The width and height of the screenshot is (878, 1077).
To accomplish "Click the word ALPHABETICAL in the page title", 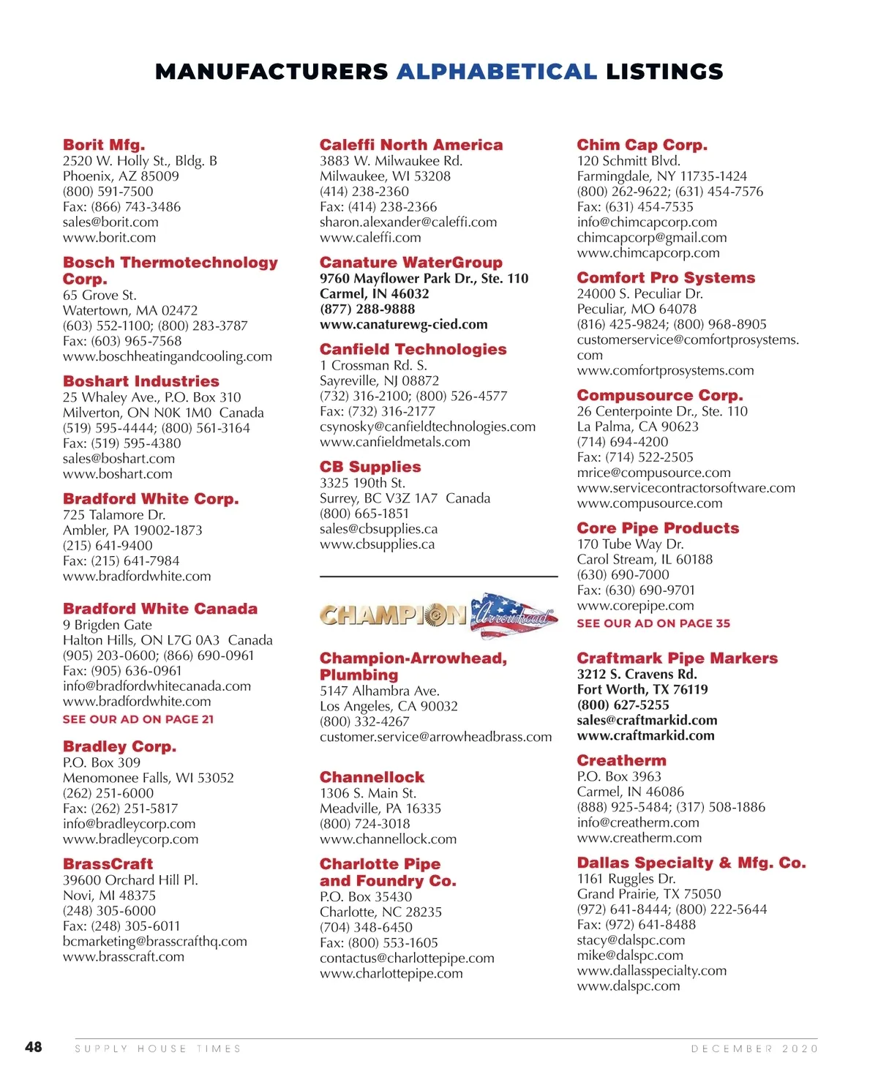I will click(x=497, y=72).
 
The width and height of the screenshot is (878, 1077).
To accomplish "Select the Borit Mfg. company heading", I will click(x=104, y=145).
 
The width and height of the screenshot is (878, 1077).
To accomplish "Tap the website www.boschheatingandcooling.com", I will click(x=167, y=356).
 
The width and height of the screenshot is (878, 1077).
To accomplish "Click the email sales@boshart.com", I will click(x=119, y=459).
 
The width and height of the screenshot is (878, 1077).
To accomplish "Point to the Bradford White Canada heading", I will click(x=160, y=609).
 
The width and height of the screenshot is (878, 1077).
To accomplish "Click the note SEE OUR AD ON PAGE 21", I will click(x=138, y=719).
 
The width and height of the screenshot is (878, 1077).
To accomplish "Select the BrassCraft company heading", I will click(x=108, y=863).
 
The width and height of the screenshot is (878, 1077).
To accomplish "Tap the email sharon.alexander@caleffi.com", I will click(x=408, y=222).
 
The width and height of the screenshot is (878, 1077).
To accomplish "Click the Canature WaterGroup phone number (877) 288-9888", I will click(x=367, y=309).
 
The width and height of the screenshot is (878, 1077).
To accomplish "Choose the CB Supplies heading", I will click(x=370, y=467).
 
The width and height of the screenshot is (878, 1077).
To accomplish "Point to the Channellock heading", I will click(x=372, y=777).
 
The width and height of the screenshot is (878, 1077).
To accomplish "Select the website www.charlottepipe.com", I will click(x=391, y=973).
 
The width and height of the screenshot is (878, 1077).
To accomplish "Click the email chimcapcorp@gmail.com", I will click(x=652, y=237).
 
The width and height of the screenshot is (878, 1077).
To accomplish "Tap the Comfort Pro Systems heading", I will click(x=666, y=277).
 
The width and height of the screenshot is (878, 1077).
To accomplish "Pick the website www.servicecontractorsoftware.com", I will click(x=686, y=488).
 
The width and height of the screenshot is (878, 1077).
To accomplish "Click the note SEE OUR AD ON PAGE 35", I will click(x=653, y=623).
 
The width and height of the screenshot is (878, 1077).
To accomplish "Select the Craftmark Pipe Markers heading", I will click(x=677, y=658).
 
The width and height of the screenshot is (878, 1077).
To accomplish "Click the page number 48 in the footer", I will click(x=34, y=1047).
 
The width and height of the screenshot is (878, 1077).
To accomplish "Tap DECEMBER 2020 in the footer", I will click(x=754, y=1048).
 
